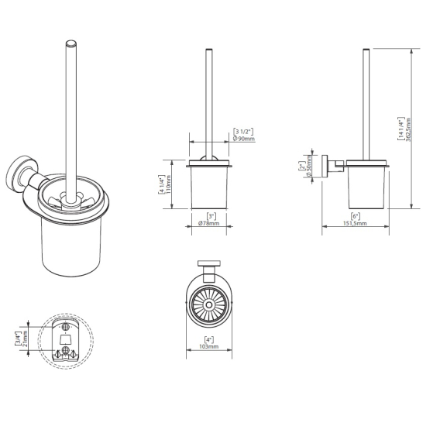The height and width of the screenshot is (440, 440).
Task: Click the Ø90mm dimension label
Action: tap(244, 139)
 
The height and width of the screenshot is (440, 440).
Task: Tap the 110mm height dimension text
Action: tap(169, 185)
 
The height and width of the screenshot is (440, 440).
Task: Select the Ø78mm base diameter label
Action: tap(208, 223)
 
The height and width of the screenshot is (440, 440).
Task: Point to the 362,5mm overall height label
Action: tap(408, 130)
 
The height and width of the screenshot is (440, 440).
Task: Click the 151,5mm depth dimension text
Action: tap(355, 223)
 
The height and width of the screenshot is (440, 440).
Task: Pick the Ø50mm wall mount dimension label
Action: tap(308, 166)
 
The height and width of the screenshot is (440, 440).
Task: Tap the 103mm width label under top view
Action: tap(209, 346)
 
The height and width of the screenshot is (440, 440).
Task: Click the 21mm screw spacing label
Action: tap(25, 339)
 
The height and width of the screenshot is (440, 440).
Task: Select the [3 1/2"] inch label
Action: tap(243, 132)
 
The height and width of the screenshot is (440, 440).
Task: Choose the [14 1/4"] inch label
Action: tap(401, 129)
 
